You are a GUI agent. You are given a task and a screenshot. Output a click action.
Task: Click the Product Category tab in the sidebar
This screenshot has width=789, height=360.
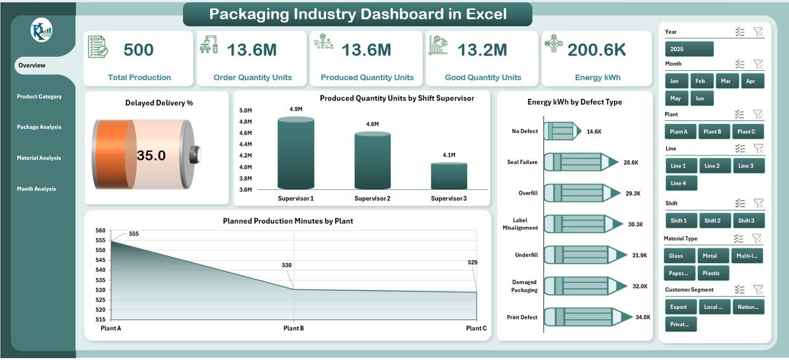39,96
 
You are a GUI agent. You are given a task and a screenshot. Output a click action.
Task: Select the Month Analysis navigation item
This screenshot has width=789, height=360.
36,189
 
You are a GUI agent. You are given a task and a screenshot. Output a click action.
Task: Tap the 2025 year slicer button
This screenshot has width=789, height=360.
689,49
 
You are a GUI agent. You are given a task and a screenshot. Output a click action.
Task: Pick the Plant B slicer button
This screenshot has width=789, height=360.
714,131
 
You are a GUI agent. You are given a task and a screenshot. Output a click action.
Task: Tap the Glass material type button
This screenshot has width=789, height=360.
679,256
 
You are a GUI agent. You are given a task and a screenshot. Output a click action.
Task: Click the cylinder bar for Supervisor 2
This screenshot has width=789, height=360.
372,160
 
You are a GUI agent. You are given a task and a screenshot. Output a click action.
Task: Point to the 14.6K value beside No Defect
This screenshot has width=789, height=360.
594,131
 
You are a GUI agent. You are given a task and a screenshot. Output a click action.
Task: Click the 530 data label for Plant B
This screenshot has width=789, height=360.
287,265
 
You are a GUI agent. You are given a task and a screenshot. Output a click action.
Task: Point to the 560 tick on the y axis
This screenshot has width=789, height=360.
101,231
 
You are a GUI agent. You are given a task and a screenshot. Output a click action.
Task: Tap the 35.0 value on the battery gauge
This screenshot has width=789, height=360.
151,155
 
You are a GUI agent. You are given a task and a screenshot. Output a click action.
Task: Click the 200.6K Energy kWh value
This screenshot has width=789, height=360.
597,50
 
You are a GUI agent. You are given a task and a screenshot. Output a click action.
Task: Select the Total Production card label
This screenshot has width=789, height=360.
139,78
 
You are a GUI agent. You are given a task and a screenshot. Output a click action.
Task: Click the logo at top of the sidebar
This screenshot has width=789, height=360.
42,30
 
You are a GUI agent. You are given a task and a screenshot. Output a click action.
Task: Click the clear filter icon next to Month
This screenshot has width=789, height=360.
758,63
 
